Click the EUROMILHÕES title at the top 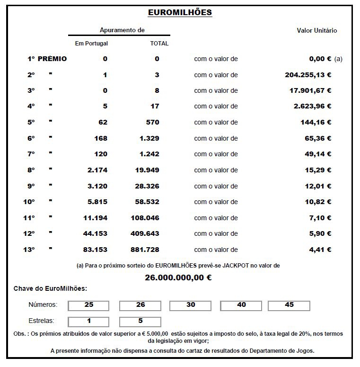click(x=180, y=13)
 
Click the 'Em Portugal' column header click(x=91, y=44)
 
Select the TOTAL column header click(x=159, y=44)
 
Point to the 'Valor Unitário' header click(x=316, y=30)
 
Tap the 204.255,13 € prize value click(x=308, y=75)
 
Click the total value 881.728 click(x=145, y=250)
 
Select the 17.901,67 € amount click(x=310, y=90)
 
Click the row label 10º click(x=29, y=202)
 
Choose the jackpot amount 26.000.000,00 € click(x=178, y=277)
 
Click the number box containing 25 click(x=89, y=305)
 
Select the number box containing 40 click(x=241, y=305)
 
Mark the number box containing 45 click(x=289, y=305)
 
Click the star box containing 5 click(x=140, y=322)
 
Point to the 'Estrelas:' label click(x=41, y=321)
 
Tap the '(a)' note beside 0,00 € click(x=338, y=59)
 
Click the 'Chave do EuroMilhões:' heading click(x=50, y=288)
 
